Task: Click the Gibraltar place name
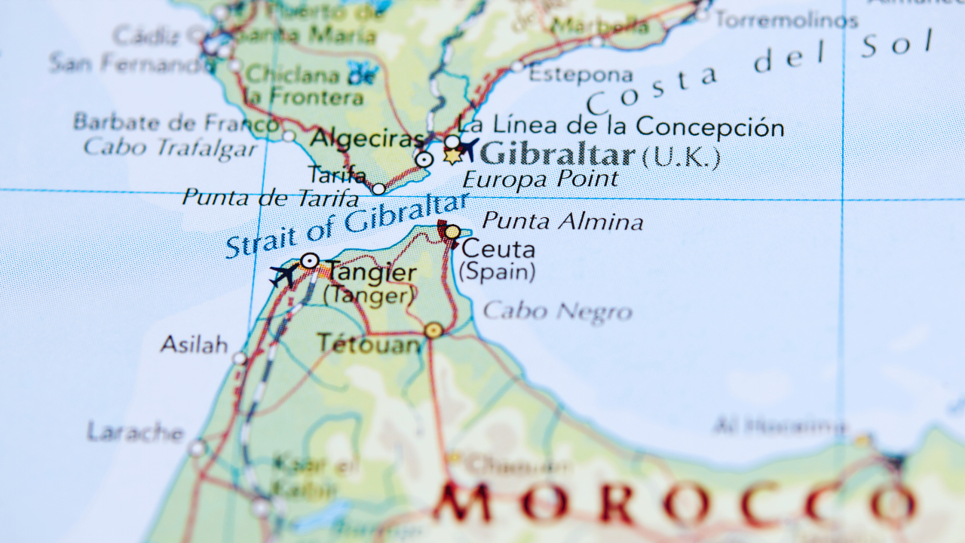coord(558,155)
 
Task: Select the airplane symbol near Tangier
coord(285,275)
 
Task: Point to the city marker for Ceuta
coord(452,232)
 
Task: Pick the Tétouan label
coord(369,344)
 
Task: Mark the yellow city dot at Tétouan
coord(433,330)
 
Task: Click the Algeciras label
coord(367,139)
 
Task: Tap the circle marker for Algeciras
coord(424,159)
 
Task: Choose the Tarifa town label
coord(337,175)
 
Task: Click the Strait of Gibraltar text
coord(347,225)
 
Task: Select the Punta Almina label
coord(562,222)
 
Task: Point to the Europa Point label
coord(540,179)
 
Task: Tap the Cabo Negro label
coord(557,311)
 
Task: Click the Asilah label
coord(194,345)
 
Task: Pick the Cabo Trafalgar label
coord(170,148)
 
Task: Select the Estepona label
coord(581,75)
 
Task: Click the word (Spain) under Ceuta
coord(498,271)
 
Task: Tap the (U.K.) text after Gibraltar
coord(681,158)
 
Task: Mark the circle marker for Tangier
coord(309,261)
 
